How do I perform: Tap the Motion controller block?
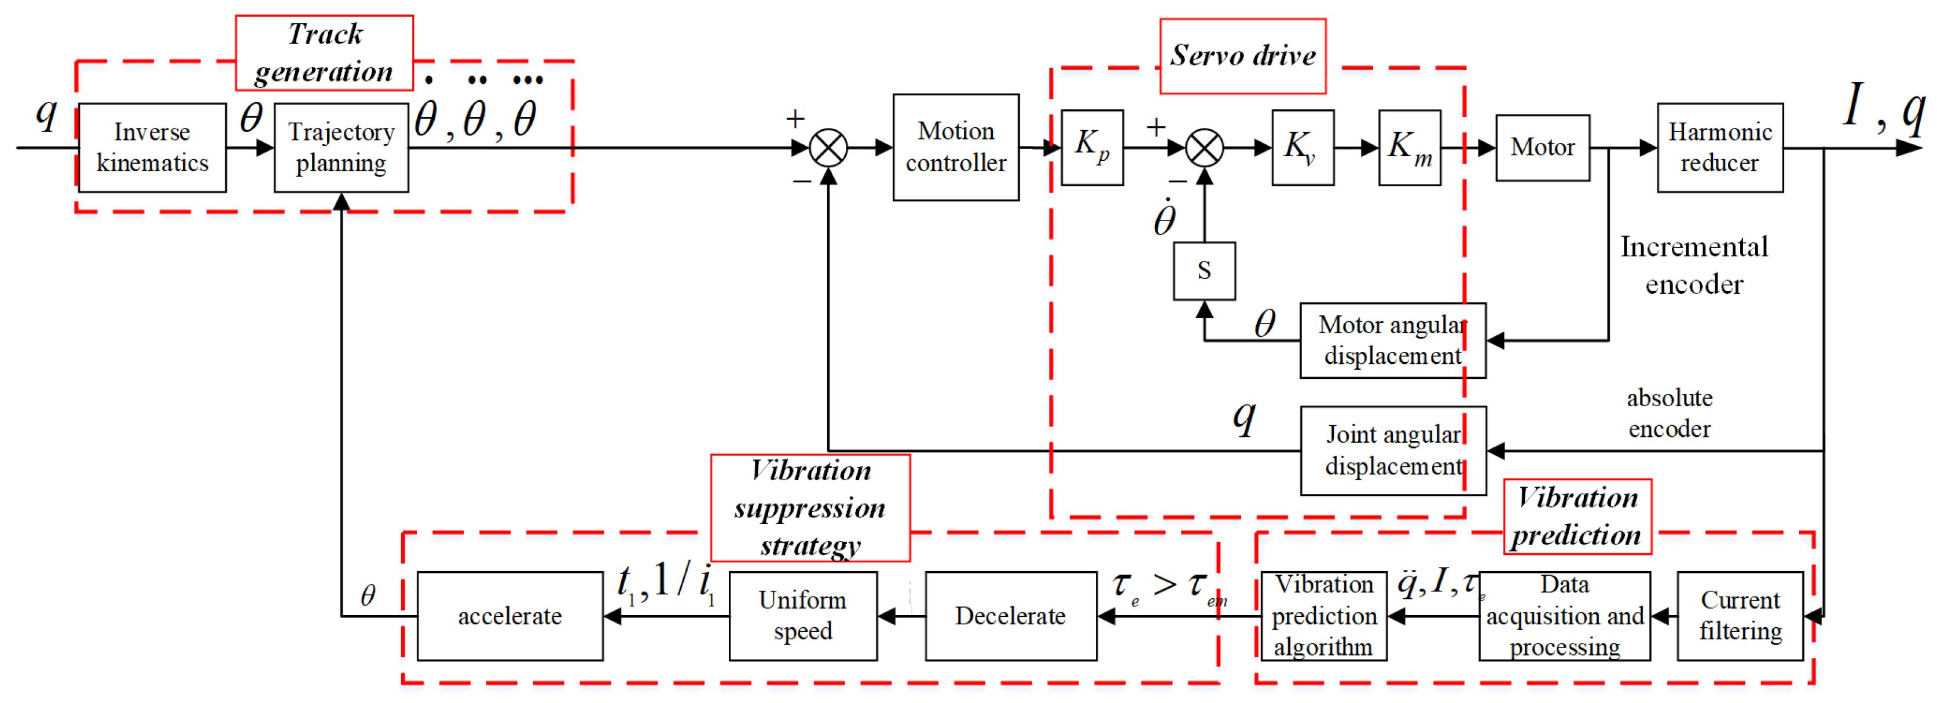tap(955, 148)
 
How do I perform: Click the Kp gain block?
tap(1092, 148)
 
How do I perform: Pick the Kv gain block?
tap(1303, 148)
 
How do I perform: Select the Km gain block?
tap(1409, 148)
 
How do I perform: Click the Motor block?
tap(1542, 148)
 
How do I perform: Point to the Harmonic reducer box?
tap(1720, 148)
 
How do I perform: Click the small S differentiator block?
tap(1204, 271)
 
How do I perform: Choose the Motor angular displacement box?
tap(1393, 341)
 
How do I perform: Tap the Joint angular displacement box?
tap(1393, 450)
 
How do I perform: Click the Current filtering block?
tap(1740, 616)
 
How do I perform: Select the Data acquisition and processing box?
tap(1564, 616)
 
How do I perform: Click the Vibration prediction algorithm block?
tap(1323, 616)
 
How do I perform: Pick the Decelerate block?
tap(1011, 616)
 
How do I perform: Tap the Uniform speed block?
tap(802, 616)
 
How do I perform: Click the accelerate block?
tap(510, 616)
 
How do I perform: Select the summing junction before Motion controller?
tap(828, 148)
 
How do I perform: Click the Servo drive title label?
tap(1242, 56)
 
